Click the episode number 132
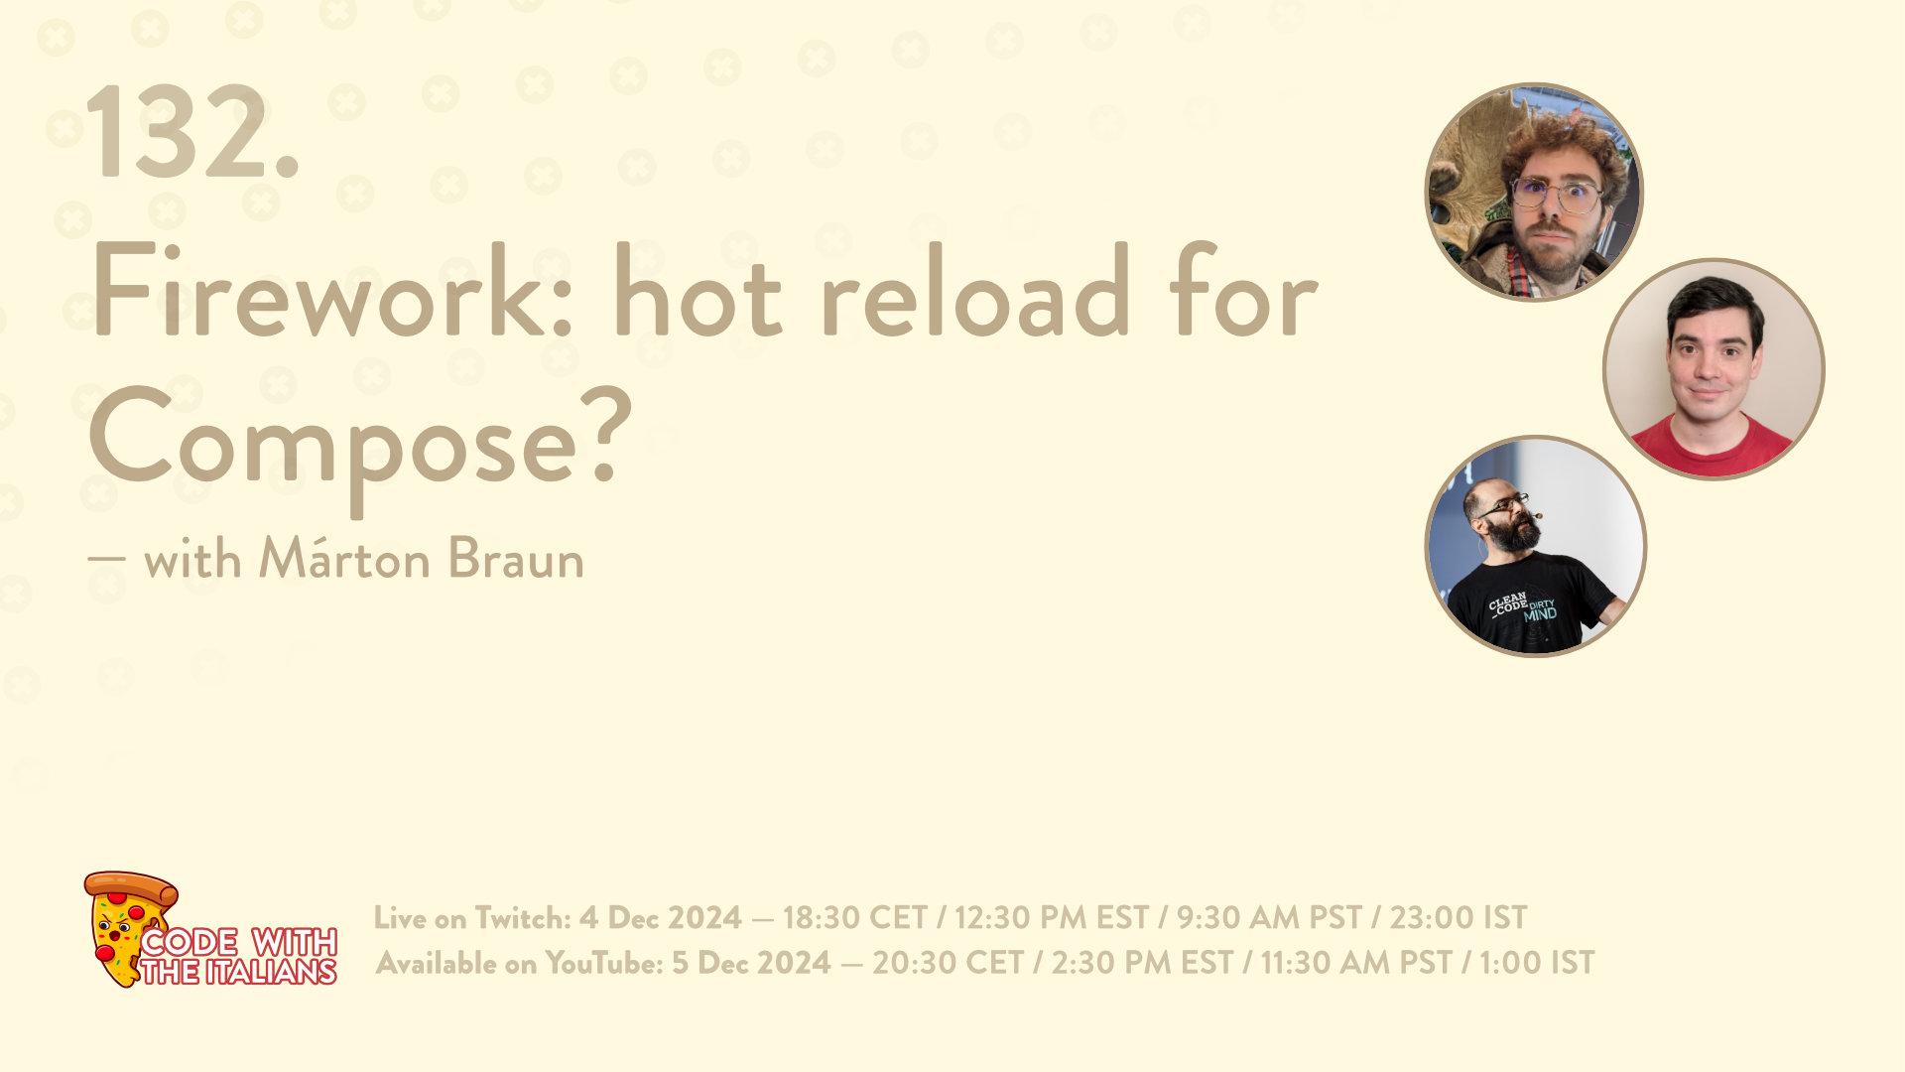tap(193, 131)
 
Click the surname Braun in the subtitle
tap(515, 559)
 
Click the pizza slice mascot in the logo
tap(126, 928)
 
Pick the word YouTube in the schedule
tap(602, 963)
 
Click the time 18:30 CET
tap(854, 918)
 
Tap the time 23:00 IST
tap(1458, 918)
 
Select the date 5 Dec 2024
tap(751, 963)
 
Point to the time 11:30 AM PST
tap(1356, 963)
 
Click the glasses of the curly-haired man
tap(1553, 196)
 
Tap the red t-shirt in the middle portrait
tap(1714, 445)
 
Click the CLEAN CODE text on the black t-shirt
tap(1510, 606)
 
